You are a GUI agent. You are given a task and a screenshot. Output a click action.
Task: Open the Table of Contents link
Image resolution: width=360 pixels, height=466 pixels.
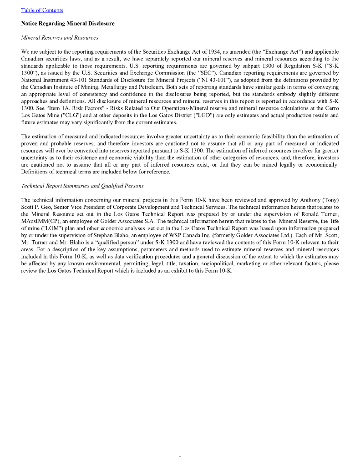[42, 10]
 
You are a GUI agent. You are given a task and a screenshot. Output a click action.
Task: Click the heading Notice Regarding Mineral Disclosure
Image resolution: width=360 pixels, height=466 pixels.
[68, 23]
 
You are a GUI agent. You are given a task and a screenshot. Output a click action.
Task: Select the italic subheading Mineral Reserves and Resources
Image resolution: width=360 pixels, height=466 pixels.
[60, 37]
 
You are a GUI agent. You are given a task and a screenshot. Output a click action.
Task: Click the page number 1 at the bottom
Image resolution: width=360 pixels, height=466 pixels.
[180, 455]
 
